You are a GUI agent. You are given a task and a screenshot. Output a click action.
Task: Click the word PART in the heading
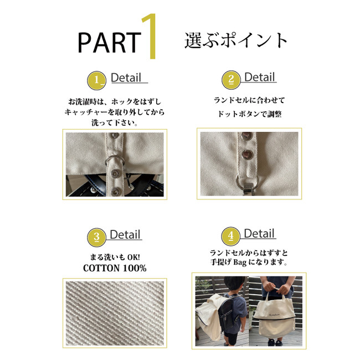[x=109, y=43]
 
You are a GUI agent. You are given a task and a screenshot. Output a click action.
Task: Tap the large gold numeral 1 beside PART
[x=150, y=36]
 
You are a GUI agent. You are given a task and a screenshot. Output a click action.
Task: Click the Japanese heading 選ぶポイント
[x=236, y=40]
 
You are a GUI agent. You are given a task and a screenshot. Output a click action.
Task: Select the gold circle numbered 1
[x=97, y=80]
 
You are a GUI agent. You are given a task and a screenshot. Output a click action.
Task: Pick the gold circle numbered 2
[x=231, y=80]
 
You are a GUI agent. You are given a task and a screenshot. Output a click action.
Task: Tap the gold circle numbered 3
[x=97, y=237]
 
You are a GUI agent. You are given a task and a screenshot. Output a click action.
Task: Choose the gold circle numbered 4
[x=231, y=236]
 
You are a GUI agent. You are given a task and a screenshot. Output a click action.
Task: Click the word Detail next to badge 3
[x=125, y=235]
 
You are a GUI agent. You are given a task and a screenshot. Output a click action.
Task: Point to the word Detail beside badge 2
[x=259, y=77]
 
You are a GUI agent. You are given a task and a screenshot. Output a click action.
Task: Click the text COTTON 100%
[x=115, y=268]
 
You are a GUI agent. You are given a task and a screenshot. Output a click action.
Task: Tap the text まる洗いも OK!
[x=115, y=257]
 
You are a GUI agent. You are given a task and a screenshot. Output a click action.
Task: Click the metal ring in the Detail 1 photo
[x=115, y=161]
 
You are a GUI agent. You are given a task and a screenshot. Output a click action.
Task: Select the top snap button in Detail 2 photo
[x=247, y=136]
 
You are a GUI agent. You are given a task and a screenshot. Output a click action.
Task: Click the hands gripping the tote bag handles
[x=278, y=286]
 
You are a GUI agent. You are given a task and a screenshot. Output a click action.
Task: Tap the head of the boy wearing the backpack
[x=235, y=285]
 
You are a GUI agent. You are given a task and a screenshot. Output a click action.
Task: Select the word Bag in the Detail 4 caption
[x=240, y=262]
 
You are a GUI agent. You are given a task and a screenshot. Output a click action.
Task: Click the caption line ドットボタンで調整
[x=250, y=114]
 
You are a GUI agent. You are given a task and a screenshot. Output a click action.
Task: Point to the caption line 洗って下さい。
[x=115, y=122]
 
